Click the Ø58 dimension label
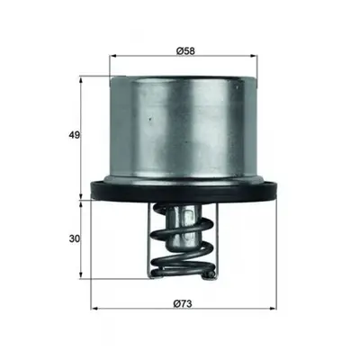point(185,51)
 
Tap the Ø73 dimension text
point(183,304)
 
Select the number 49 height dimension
point(75,135)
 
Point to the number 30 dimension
point(75,239)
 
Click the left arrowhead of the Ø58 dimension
point(113,56)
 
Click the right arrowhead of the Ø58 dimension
point(254,56)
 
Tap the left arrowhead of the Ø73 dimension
point(94,308)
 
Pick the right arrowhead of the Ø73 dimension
point(273,308)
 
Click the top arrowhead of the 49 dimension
point(81,80)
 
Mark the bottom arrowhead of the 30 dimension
point(81,274)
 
